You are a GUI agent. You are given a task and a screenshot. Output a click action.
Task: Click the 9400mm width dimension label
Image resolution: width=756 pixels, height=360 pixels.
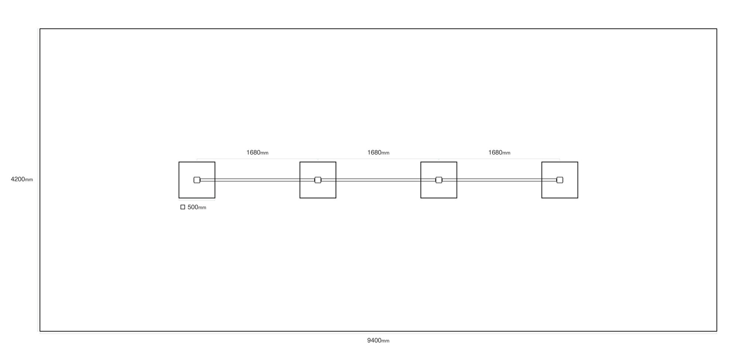(378, 340)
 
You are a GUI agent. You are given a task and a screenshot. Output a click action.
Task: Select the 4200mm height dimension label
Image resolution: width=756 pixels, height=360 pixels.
(22, 179)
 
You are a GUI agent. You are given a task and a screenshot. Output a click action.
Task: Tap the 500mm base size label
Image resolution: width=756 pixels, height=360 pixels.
(197, 208)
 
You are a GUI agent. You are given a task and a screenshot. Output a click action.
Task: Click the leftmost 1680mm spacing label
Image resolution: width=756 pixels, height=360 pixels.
(257, 152)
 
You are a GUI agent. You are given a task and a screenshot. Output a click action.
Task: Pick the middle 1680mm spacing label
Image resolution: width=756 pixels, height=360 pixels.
(378, 152)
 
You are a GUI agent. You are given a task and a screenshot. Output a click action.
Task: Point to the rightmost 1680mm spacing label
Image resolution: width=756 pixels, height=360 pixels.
(499, 152)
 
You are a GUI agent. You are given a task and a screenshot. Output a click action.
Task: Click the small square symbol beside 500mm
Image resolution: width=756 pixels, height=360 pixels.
(183, 207)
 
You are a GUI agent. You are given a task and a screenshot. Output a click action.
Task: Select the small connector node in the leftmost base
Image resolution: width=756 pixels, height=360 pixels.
(197, 180)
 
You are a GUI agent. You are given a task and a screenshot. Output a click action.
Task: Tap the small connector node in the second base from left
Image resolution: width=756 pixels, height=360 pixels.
(318, 180)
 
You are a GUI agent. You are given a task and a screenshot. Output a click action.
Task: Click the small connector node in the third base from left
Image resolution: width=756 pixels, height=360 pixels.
(439, 180)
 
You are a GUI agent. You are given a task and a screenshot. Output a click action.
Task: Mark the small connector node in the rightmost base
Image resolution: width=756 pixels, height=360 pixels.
(560, 180)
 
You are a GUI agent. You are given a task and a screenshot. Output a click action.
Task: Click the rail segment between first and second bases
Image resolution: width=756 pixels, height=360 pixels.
(257, 180)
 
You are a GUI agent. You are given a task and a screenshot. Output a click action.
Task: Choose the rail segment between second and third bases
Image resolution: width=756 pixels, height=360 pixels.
(378, 180)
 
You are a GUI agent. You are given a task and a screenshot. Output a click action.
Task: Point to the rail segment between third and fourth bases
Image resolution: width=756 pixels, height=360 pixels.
(499, 180)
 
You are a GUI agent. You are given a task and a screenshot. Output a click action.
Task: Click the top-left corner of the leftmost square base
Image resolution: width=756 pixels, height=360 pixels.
(179, 162)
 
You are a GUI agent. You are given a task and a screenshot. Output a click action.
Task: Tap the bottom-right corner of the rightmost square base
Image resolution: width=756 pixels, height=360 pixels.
(578, 198)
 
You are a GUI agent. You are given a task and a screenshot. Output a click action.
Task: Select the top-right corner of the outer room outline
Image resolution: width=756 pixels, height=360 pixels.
(717, 29)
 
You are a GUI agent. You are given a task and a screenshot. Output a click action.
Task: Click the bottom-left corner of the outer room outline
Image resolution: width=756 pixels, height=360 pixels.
(40, 331)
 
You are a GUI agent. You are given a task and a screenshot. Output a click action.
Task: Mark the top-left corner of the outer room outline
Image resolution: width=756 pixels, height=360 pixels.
(40, 29)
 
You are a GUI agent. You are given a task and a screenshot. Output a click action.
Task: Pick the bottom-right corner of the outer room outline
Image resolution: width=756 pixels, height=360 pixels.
(717, 331)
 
